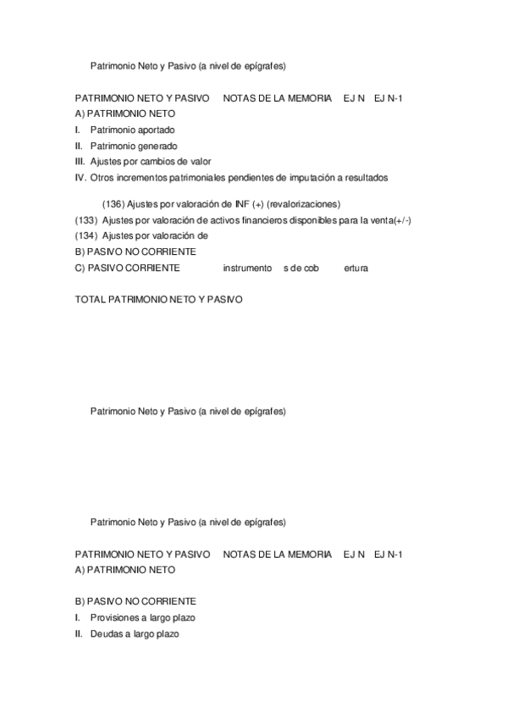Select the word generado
pos(157,146)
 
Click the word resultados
pos(365,177)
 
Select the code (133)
pos(86,220)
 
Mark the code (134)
pos(86,235)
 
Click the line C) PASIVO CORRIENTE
pos(128,268)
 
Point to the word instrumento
pos(247,268)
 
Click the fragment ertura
pos(355,268)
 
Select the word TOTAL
pos(91,300)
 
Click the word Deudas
pos(106,633)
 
